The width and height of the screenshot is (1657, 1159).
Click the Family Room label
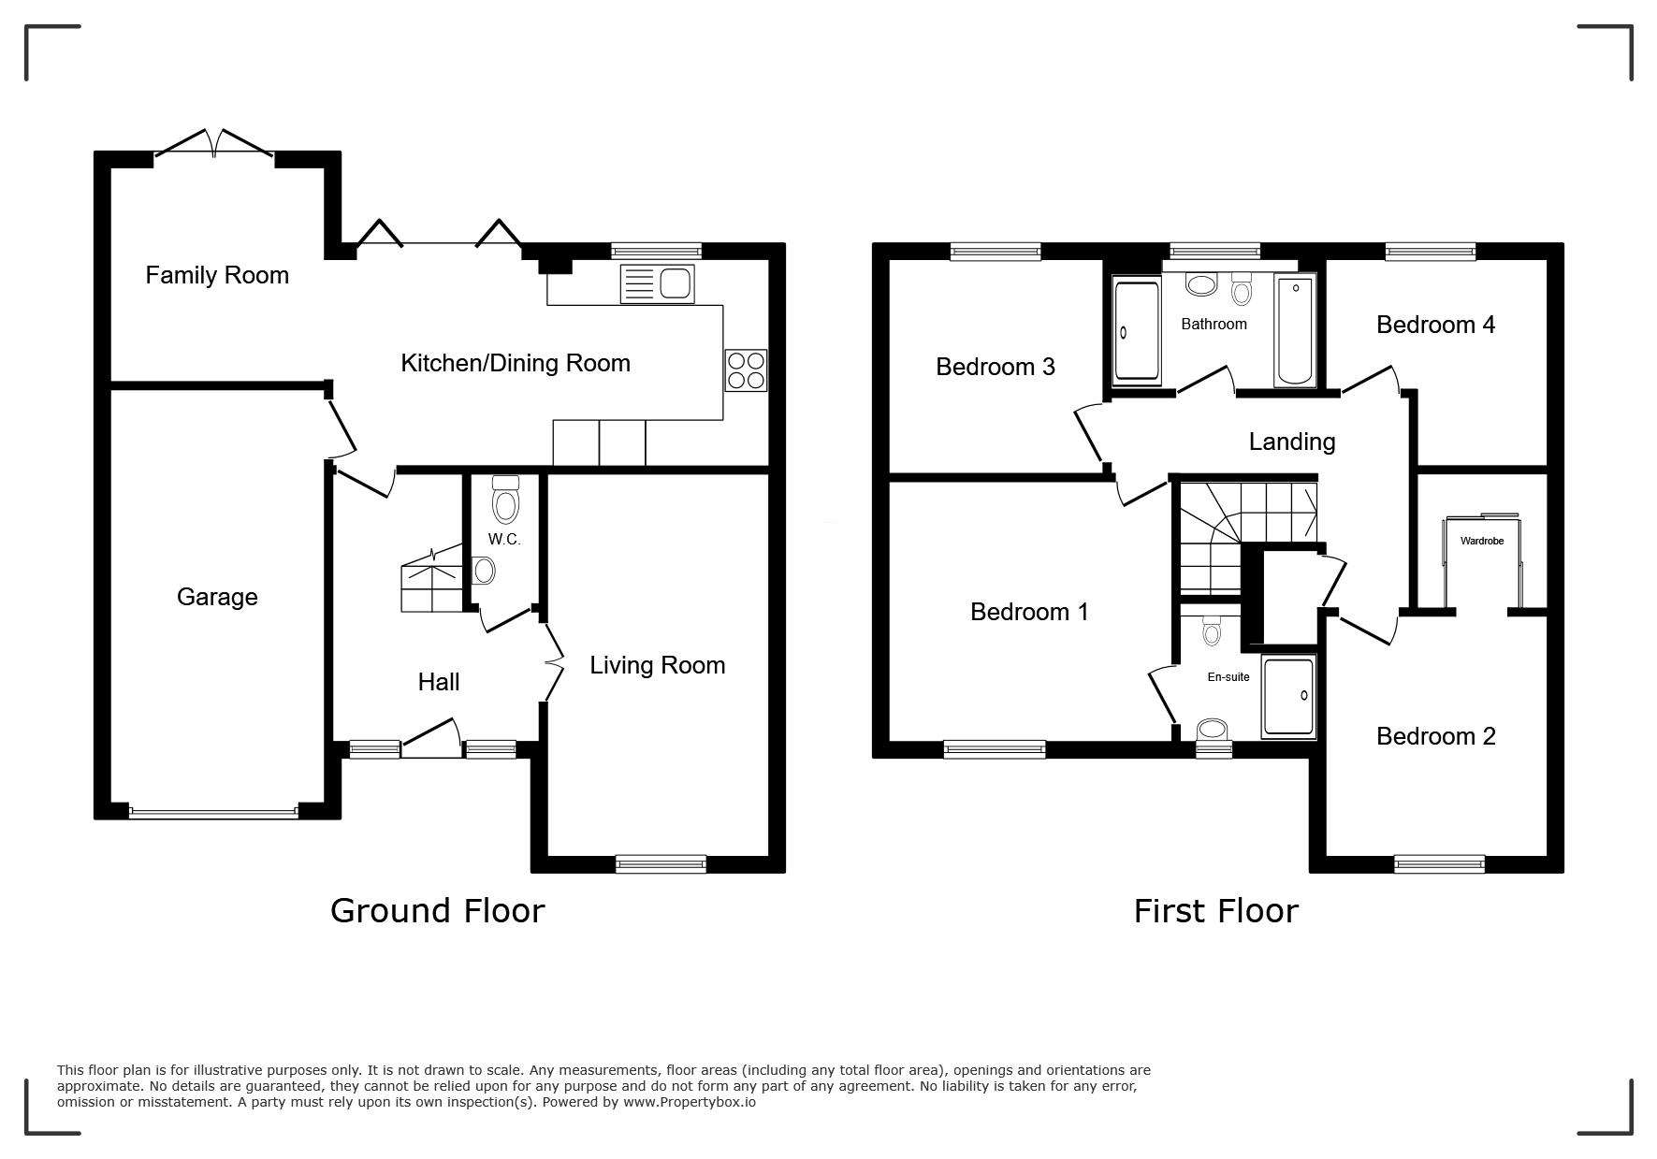(x=217, y=275)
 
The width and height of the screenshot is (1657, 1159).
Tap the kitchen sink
(x=657, y=283)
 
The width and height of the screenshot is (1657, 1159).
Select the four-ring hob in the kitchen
(x=746, y=369)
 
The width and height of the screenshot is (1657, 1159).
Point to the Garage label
(x=217, y=597)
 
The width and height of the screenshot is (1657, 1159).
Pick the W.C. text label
(x=504, y=540)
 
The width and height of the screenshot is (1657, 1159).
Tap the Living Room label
(x=658, y=665)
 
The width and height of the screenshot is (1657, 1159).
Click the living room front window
(x=661, y=864)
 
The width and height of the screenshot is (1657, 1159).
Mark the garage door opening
(x=214, y=812)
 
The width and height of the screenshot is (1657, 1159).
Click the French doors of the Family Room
(x=214, y=143)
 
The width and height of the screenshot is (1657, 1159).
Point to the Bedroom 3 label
(x=996, y=367)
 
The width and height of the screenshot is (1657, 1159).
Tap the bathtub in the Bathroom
(x=1295, y=330)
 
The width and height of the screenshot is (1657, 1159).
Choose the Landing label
(x=1292, y=442)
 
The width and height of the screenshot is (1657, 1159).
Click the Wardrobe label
(x=1482, y=541)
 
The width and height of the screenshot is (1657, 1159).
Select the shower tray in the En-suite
(x=1288, y=696)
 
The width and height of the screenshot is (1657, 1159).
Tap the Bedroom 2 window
(x=1439, y=864)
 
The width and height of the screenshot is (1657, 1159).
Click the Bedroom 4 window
(x=1431, y=251)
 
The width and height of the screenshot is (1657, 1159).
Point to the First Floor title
(x=1216, y=911)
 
